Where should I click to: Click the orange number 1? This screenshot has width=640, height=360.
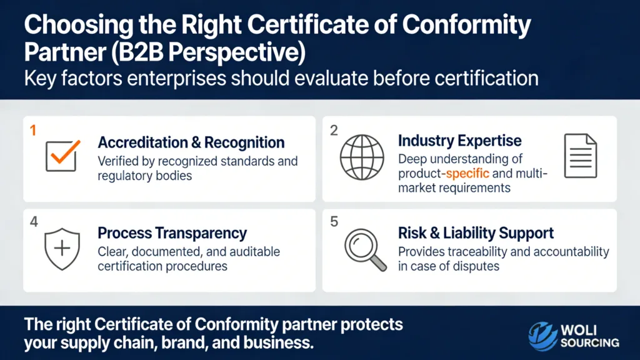coord(33,131)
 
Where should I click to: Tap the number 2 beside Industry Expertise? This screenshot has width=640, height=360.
coord(334,131)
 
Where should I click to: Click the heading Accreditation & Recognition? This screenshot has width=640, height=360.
coord(191,142)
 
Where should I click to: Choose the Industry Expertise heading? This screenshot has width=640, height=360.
coord(459,141)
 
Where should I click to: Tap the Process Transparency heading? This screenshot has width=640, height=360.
coord(172,234)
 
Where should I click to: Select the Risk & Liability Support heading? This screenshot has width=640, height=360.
coord(476,234)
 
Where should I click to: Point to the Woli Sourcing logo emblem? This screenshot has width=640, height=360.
coord(542,336)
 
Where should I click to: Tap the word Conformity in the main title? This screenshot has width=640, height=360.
coord(469,27)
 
